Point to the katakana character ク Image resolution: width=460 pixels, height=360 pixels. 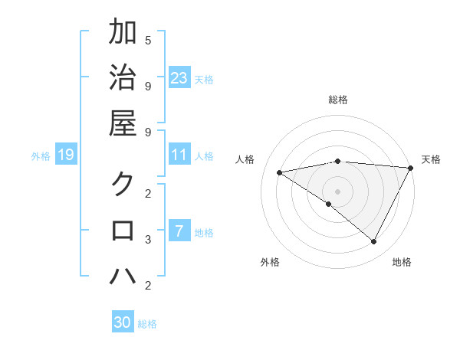pos(123,185)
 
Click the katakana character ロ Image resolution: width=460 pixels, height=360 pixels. pos(123,231)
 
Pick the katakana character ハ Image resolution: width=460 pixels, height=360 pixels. pos(123,276)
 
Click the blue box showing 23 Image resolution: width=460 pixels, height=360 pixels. pos(179,78)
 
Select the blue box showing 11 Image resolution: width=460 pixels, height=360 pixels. pos(179,155)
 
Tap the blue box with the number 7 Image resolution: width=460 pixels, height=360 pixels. pos(179,231)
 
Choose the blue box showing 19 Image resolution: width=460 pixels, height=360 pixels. pos(65,155)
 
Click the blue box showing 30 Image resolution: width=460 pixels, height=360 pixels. pos(123,322)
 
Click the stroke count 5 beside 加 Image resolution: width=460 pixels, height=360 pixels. pos(148,40)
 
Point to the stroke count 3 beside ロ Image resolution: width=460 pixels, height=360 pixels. pos(148,240)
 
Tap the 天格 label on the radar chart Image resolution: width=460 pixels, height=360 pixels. pos(431,159)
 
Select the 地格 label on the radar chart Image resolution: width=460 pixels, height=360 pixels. pos(402,262)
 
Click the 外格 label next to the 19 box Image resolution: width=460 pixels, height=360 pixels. pos(41,156)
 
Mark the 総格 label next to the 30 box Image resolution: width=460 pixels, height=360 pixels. pos(147,323)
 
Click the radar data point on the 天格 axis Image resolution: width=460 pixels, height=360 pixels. pos(411,168)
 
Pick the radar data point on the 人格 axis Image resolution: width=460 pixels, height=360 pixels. pos(280,172)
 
